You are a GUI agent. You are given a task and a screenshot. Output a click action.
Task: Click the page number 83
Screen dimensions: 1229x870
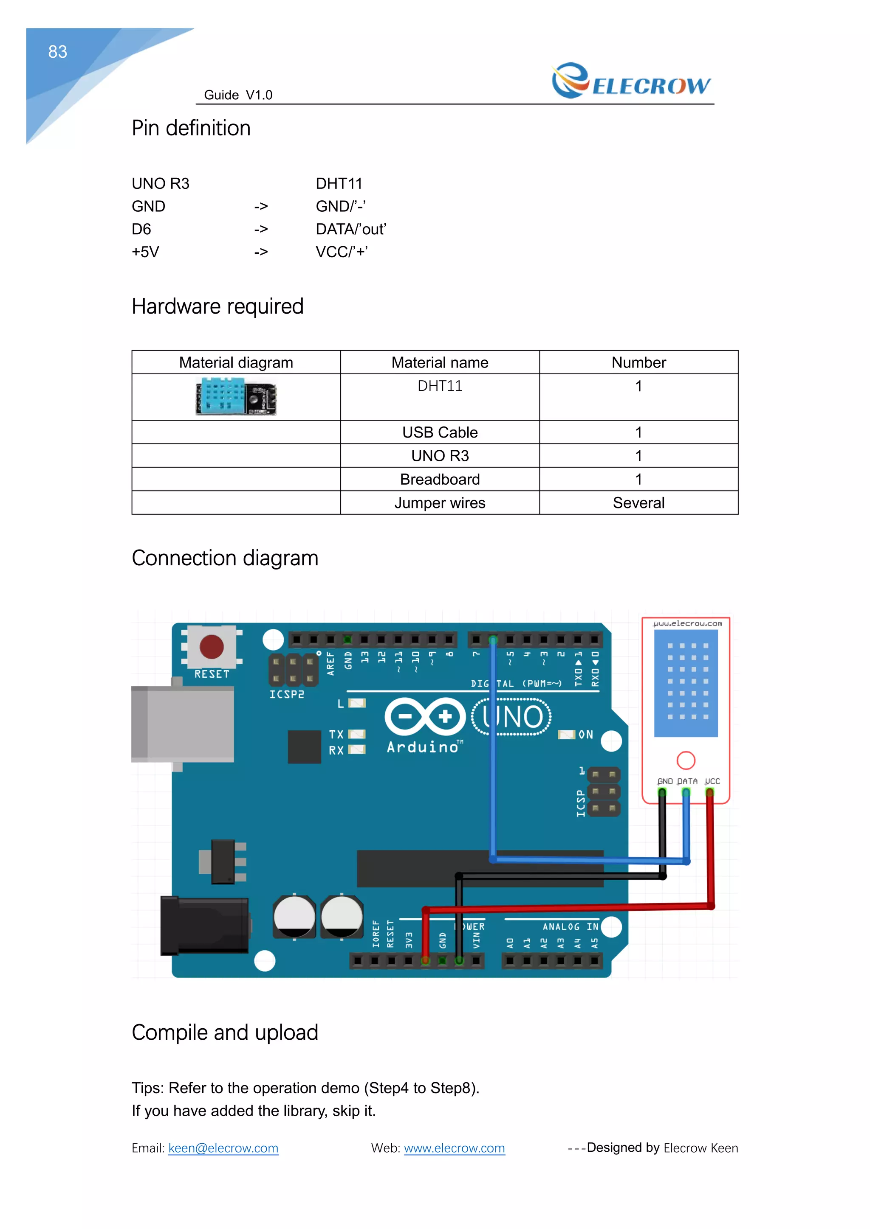tap(57, 52)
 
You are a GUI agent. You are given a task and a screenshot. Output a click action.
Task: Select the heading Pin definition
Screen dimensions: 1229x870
tap(191, 129)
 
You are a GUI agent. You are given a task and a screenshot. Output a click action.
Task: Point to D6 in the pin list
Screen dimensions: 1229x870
tap(141, 229)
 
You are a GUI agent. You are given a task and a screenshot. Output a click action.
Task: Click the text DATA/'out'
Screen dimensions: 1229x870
tap(350, 229)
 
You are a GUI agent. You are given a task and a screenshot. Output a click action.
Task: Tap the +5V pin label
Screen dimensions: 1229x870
tap(145, 252)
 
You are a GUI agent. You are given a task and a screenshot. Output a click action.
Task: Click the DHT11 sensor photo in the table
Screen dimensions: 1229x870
tap(236, 397)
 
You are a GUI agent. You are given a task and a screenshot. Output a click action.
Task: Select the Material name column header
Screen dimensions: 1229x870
tap(439, 362)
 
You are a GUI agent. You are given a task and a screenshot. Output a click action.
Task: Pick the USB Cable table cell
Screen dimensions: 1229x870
tap(439, 432)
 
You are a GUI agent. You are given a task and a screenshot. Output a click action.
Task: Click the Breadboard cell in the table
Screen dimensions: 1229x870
tap(439, 479)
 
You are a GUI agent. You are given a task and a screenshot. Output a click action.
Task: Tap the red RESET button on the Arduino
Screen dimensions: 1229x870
tap(212, 647)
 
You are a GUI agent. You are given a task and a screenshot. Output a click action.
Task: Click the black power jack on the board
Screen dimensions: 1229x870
tap(205, 926)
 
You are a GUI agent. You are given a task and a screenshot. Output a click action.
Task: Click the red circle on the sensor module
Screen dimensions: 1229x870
tap(686, 760)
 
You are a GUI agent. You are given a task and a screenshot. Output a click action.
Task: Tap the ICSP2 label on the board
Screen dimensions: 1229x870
tap(287, 694)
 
